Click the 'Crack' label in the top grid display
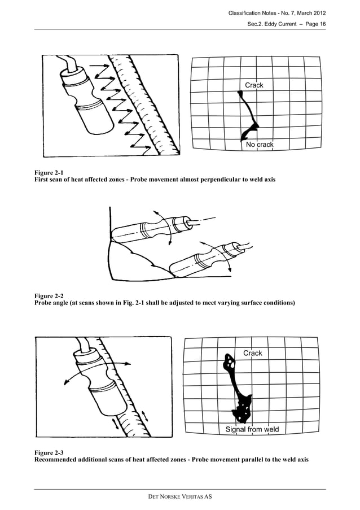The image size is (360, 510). (254, 85)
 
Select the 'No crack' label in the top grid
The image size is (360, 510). (260, 145)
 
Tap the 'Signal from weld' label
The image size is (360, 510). (252, 430)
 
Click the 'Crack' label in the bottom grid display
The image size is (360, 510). (252, 353)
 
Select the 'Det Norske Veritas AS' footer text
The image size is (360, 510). (180, 496)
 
